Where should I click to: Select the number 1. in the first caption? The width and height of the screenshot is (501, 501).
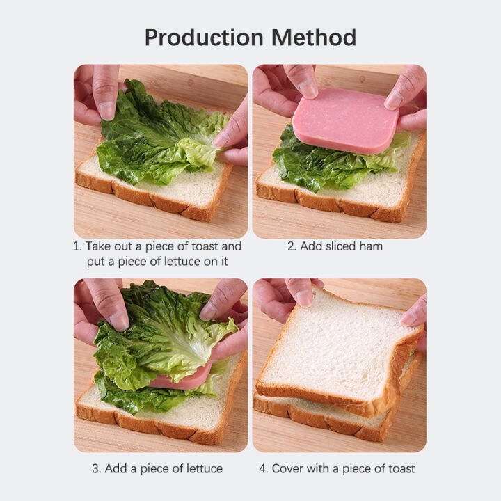tap(78, 246)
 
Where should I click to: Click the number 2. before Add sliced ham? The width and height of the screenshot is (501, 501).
tap(292, 246)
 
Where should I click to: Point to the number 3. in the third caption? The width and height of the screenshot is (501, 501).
tap(97, 468)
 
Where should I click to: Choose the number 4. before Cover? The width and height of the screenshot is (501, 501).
tap(264, 468)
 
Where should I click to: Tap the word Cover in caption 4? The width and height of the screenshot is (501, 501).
tap(289, 468)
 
